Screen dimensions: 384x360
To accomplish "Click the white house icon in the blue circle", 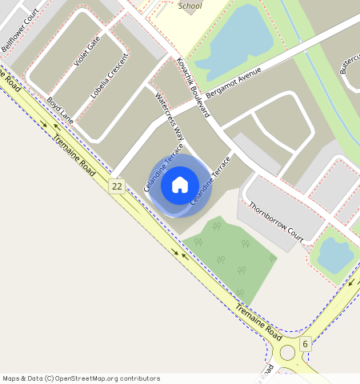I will click(x=180, y=185).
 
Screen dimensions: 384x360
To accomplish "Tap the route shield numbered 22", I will click(x=117, y=186).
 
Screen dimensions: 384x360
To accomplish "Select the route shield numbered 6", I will click(x=305, y=344).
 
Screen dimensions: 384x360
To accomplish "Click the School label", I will click(x=190, y=6).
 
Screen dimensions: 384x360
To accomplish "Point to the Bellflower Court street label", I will click(x=21, y=31).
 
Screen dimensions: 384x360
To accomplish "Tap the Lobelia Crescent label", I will click(x=109, y=77).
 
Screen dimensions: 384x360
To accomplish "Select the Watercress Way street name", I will click(x=169, y=119).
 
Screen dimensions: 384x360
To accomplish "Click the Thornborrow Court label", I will click(x=276, y=221).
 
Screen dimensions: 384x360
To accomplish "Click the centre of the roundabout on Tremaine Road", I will click(x=286, y=353).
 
